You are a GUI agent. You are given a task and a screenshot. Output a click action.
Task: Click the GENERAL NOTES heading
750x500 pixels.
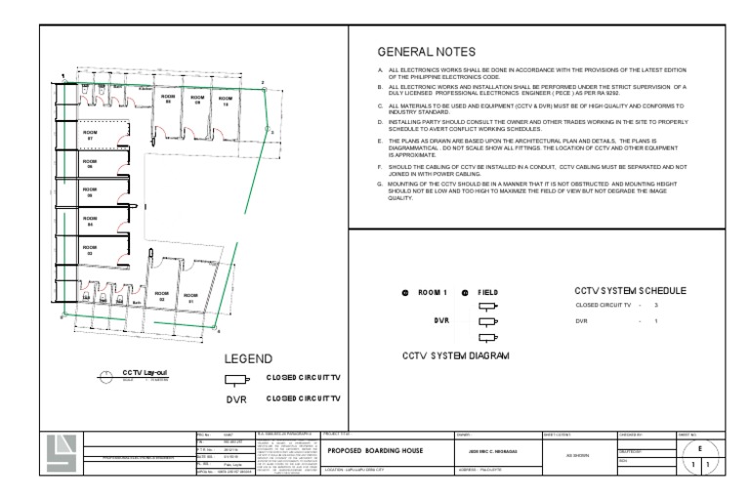click(x=426, y=52)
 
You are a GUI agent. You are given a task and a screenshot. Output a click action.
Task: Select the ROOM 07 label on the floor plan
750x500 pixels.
click(x=91, y=134)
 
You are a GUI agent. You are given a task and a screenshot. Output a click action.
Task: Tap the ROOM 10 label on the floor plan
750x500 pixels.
click(x=226, y=101)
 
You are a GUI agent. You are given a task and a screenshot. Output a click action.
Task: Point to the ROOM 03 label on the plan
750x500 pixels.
click(x=90, y=250)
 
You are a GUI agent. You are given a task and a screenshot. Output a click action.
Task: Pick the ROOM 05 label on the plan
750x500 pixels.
click(x=90, y=192)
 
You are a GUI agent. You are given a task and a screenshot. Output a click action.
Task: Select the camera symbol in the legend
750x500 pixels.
click(x=236, y=380)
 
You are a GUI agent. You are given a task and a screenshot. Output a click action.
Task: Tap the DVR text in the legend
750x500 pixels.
click(x=237, y=398)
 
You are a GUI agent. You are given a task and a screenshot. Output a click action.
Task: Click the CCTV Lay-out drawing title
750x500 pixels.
click(x=145, y=373)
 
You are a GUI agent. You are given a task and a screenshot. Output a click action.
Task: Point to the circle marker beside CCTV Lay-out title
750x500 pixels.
click(x=106, y=375)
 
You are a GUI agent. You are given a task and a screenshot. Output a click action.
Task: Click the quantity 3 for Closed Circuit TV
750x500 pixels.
click(x=656, y=306)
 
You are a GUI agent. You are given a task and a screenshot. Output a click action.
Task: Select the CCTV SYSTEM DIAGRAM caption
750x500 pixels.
click(x=456, y=355)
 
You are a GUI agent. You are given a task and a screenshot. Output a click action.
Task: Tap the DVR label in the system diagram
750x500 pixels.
click(x=440, y=319)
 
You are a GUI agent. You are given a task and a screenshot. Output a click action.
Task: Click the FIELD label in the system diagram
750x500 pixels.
click(x=490, y=292)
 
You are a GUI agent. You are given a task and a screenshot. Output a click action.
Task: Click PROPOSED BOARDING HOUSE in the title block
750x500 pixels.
click(x=375, y=451)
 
